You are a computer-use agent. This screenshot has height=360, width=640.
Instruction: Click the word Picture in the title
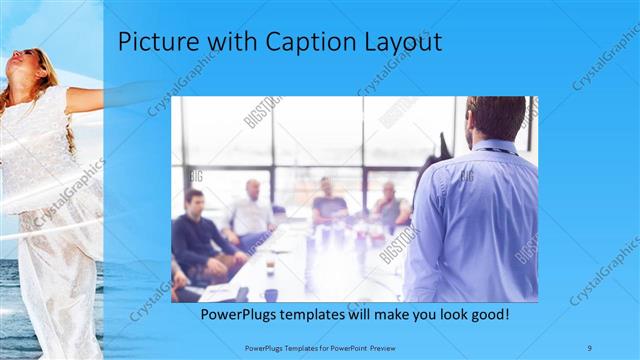153,42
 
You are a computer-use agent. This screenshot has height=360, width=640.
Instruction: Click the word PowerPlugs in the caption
241,314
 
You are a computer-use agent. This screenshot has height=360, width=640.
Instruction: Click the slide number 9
590,346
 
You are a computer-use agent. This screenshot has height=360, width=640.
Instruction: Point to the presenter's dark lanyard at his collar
497,149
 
